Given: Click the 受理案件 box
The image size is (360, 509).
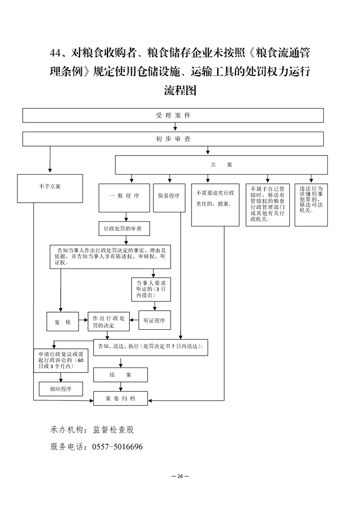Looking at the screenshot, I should [173, 115].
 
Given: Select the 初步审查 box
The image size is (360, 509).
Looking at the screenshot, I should [173, 139].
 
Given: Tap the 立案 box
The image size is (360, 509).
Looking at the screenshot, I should [221, 165].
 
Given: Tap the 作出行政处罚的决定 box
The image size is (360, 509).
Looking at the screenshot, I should [108, 321].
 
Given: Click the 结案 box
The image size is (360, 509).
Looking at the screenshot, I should [120, 375].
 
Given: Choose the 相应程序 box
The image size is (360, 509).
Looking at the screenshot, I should [60, 389].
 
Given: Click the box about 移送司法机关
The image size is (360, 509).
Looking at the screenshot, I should [311, 205].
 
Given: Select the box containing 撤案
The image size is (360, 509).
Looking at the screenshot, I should [215, 205].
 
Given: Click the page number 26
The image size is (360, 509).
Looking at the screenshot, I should [180, 476].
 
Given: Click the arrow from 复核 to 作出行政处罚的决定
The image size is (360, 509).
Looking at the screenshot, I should [83, 320].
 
